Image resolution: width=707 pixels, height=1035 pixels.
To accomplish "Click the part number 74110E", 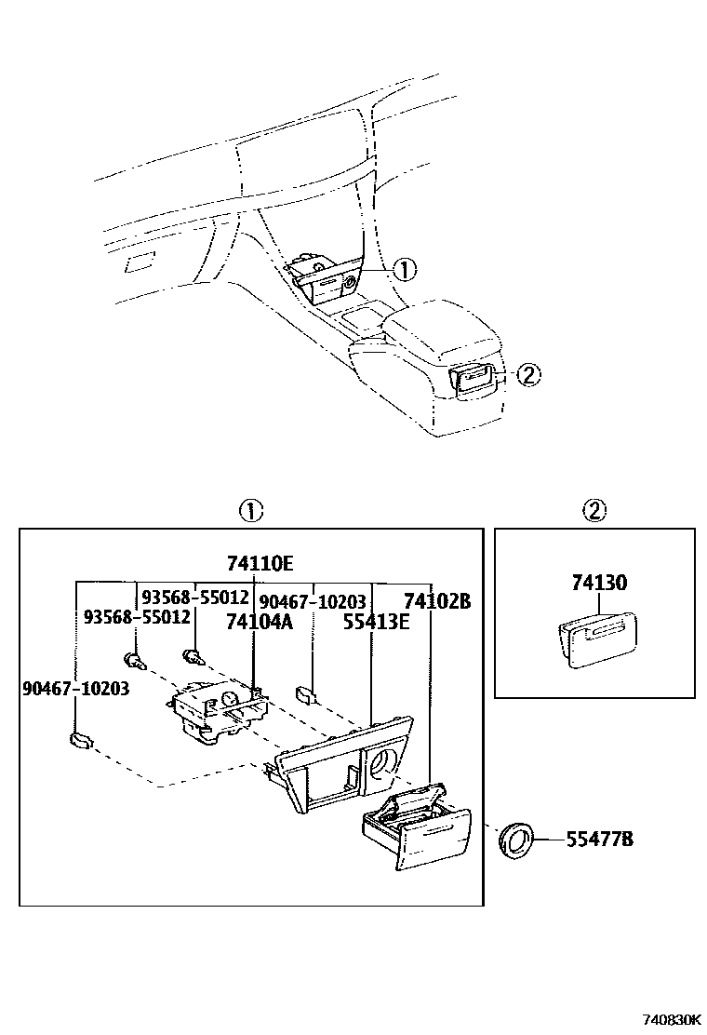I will pos(260,564).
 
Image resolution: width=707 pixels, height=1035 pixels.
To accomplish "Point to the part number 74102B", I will pos(436,601).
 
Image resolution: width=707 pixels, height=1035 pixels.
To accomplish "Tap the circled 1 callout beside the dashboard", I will pos(405,270).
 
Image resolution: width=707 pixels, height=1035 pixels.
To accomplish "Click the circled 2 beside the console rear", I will pos(527,375).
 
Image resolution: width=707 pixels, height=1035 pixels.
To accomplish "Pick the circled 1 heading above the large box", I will pos(251,510).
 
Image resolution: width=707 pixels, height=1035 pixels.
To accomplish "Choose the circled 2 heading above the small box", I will pos(594,510).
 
